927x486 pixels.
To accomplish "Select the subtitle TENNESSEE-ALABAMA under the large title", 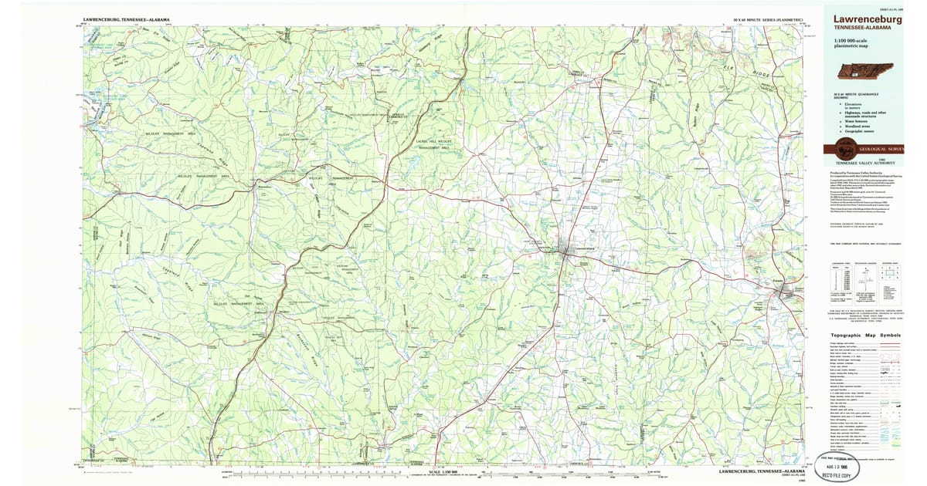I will (x=857, y=28).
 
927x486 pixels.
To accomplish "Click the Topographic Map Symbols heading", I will (x=865, y=336).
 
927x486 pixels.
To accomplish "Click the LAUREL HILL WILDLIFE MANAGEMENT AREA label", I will (x=433, y=143).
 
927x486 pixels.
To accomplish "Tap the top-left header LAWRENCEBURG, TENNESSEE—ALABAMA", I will (x=127, y=19).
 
